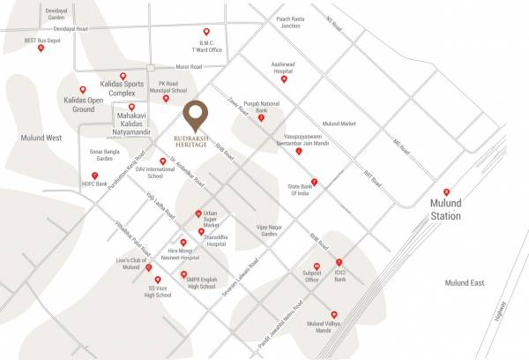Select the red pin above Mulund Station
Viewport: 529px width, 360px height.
(446, 192)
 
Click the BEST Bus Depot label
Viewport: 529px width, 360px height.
(42, 40)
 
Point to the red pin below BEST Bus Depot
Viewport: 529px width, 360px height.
(41, 49)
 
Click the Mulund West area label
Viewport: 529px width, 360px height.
(42, 138)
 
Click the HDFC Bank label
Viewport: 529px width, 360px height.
(93, 184)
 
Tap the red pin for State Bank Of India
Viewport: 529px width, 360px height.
(314, 183)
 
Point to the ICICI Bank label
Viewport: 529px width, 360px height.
(339, 277)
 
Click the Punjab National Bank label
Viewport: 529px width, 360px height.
(261, 107)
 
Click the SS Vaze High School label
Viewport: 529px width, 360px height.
(159, 290)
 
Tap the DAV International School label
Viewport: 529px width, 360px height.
(161, 172)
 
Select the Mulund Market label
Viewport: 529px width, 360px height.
(339, 124)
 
